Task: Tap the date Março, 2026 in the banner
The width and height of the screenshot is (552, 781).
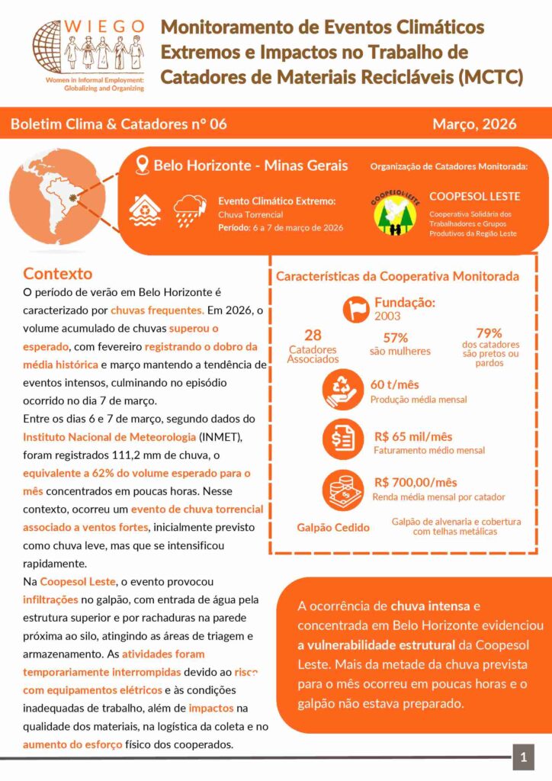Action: (x=473, y=124)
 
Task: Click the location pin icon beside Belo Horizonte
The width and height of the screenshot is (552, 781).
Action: (x=141, y=165)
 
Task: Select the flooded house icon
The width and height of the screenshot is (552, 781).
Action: (x=144, y=210)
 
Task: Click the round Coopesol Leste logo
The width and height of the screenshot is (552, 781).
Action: (x=395, y=213)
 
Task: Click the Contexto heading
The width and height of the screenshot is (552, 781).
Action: (x=58, y=274)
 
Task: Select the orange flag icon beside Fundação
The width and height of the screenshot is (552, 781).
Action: (x=356, y=307)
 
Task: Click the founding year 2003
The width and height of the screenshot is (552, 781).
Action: (x=387, y=316)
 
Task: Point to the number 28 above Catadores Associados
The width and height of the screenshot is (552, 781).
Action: (x=313, y=335)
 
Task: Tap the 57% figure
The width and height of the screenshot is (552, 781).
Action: (x=396, y=338)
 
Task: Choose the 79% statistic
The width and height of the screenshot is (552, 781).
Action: (x=489, y=333)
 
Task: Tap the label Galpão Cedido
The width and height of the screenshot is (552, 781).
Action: (x=333, y=527)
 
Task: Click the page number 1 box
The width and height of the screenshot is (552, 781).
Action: (x=523, y=757)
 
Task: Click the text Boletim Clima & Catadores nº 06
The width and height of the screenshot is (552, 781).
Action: (x=119, y=124)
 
